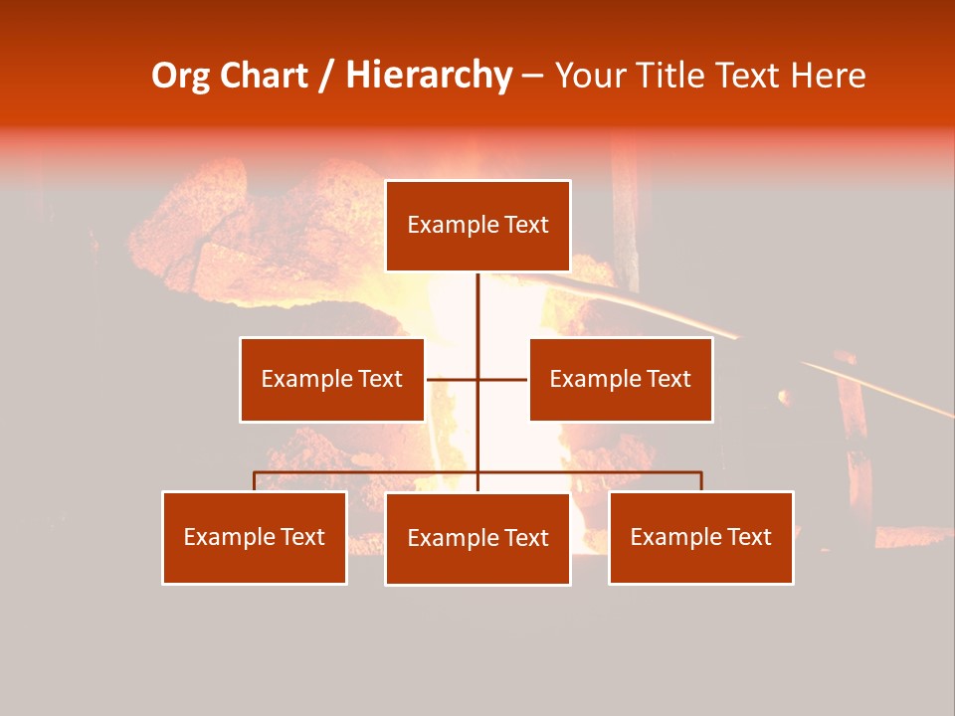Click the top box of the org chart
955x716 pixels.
click(x=477, y=226)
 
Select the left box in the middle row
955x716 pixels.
click(x=332, y=379)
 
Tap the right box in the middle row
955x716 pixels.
click(x=621, y=379)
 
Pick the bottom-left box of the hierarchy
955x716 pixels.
click(x=255, y=537)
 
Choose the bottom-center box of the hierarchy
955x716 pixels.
click(x=477, y=538)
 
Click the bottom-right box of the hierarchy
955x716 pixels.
click(x=701, y=537)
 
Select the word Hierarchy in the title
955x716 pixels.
click(x=428, y=76)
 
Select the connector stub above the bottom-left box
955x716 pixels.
click(x=255, y=481)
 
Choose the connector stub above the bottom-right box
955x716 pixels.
click(x=701, y=481)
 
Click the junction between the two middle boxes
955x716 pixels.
click(x=477, y=379)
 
